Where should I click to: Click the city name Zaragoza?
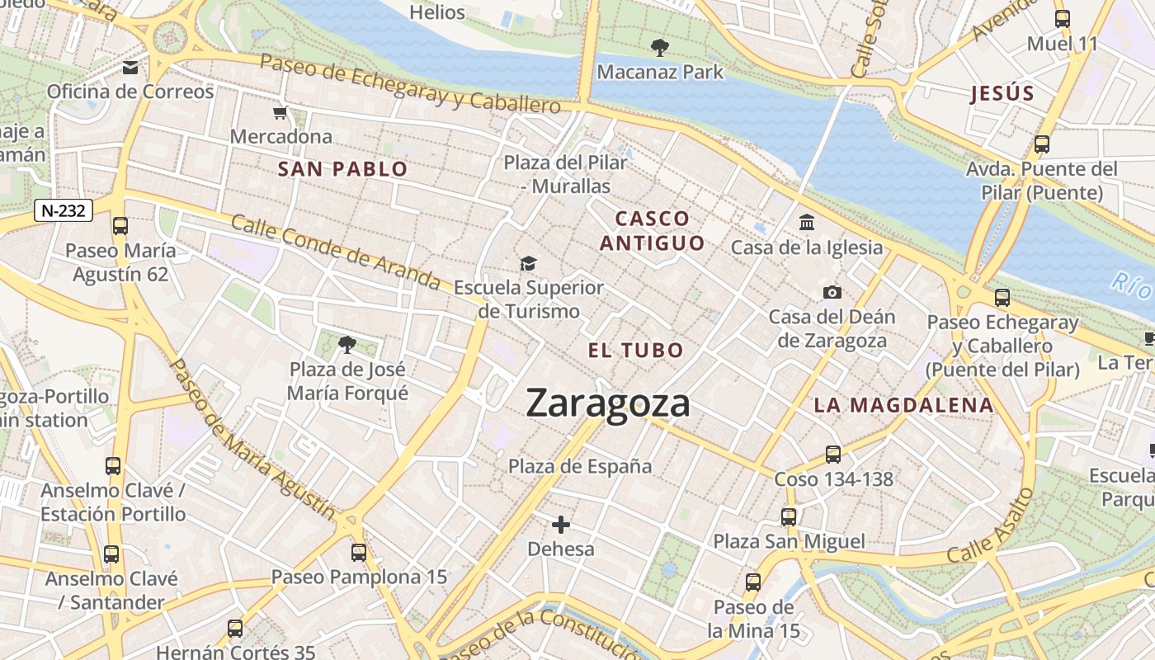pos(608,403)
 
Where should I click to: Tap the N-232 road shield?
pos(63,210)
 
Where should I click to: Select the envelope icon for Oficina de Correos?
pos(130,67)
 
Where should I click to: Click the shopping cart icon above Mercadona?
pos(280,112)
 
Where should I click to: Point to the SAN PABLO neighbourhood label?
pos(342,170)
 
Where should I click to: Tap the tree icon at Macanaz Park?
pos(659,47)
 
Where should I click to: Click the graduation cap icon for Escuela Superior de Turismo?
pos(528,263)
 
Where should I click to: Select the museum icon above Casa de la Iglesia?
pos(806,223)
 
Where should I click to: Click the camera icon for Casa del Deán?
pos(832,292)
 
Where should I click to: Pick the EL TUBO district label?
pos(635,350)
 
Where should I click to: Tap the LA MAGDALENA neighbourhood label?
pos(903,405)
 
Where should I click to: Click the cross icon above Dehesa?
pos(561,524)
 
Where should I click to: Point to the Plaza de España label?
pos(579,466)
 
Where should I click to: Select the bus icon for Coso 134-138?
pos(832,454)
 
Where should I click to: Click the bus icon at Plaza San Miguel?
pos(789,517)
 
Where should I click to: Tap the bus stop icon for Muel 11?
pos(1063,19)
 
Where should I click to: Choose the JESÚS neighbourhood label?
pos(1002,93)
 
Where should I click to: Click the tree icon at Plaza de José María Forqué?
pos(347,344)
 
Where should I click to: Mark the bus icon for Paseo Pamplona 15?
pos(358,552)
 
